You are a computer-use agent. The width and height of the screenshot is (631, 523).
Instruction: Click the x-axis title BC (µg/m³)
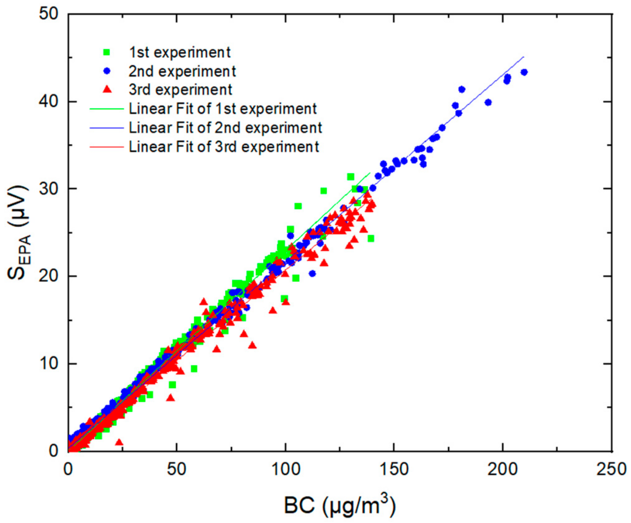click(339, 505)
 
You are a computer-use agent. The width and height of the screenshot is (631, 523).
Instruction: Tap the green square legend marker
click(107, 52)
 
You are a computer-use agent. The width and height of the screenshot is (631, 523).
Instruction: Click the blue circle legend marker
click(107, 71)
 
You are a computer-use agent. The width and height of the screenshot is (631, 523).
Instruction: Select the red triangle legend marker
click(107, 90)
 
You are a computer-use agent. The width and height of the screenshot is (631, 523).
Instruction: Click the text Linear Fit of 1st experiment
click(223, 109)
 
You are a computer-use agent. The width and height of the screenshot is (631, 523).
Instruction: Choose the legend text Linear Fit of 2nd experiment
click(225, 128)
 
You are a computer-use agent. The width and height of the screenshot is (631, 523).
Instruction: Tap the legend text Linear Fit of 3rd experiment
click(224, 147)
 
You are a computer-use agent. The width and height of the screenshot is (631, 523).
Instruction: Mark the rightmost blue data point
click(524, 72)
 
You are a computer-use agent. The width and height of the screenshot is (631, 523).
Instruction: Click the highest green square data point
click(351, 177)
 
